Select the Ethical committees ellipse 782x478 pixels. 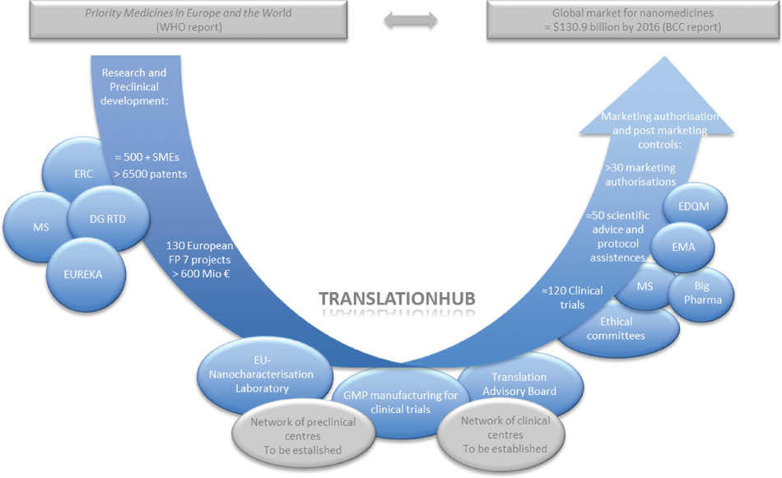pyautogui.click(x=621, y=329)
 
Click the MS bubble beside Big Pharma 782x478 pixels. pyautogui.click(x=645, y=286)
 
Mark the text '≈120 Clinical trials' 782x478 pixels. pyautogui.click(x=572, y=297)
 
